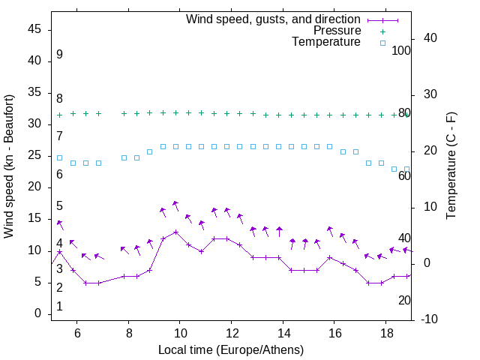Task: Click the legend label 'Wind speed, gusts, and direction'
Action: [274, 19]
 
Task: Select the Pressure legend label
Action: [337, 31]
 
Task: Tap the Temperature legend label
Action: [326, 42]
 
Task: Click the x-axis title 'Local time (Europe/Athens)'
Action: [231, 350]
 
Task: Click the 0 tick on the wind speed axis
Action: [38, 313]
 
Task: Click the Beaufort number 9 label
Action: [59, 55]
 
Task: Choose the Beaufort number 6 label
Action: [59, 175]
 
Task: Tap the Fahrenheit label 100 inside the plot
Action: [402, 51]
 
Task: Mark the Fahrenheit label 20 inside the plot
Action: [404, 300]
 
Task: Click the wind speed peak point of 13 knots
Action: [175, 232]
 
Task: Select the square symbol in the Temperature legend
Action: [382, 43]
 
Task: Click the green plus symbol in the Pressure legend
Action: [382, 31]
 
